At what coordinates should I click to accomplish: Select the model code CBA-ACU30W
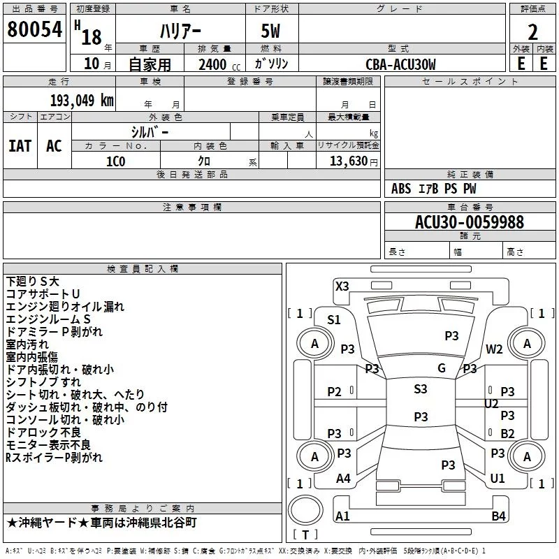point(400,64)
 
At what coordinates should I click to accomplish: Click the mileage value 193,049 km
point(81,100)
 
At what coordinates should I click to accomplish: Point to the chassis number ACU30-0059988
point(470,222)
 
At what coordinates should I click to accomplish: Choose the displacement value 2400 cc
point(218,64)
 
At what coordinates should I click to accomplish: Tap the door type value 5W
point(273,31)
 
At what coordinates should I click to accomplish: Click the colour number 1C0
point(115,161)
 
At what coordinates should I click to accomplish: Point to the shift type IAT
point(20,146)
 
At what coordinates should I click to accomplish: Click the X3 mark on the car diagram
point(342,286)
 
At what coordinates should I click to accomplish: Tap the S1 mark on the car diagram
point(333,320)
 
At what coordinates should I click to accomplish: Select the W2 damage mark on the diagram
point(495,349)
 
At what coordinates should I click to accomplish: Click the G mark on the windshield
point(441,368)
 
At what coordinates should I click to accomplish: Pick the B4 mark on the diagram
point(498,516)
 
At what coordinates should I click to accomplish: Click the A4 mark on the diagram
point(342,479)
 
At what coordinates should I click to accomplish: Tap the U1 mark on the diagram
point(498,479)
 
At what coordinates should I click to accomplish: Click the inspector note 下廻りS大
point(33,281)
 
